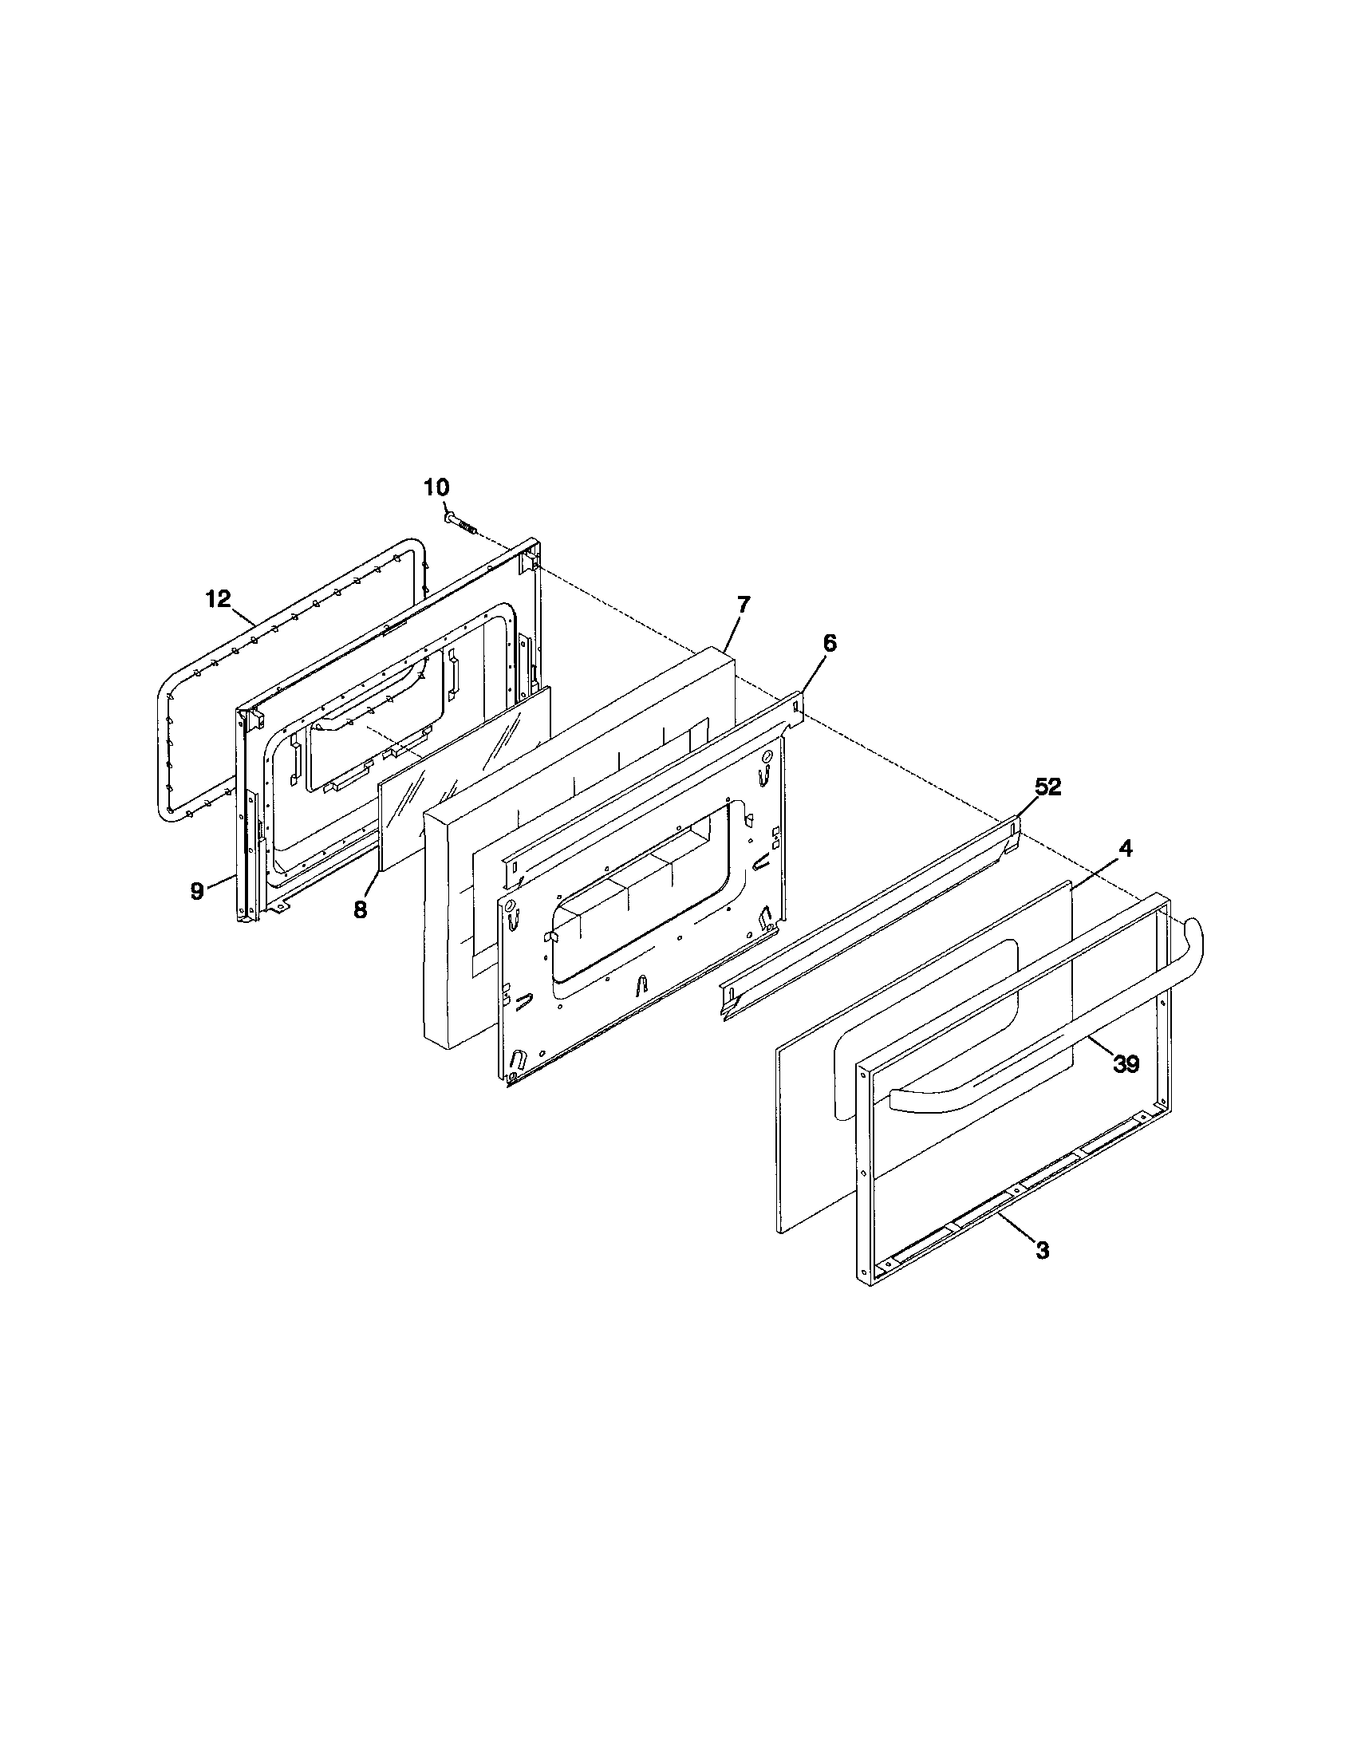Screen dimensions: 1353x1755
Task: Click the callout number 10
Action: pyautogui.click(x=437, y=487)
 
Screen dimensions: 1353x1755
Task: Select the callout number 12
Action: pyautogui.click(x=218, y=597)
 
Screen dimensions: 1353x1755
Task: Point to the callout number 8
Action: pyautogui.click(x=360, y=909)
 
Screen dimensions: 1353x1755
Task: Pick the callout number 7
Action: pyautogui.click(x=743, y=605)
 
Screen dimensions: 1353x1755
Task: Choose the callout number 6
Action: pyautogui.click(x=830, y=643)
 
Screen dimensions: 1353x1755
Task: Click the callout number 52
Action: pyautogui.click(x=1047, y=788)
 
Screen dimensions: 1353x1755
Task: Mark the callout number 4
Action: pyautogui.click(x=1126, y=850)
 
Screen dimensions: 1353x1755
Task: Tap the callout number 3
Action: pyautogui.click(x=1042, y=1251)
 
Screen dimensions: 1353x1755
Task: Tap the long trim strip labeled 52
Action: pyautogui.click(x=872, y=916)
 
